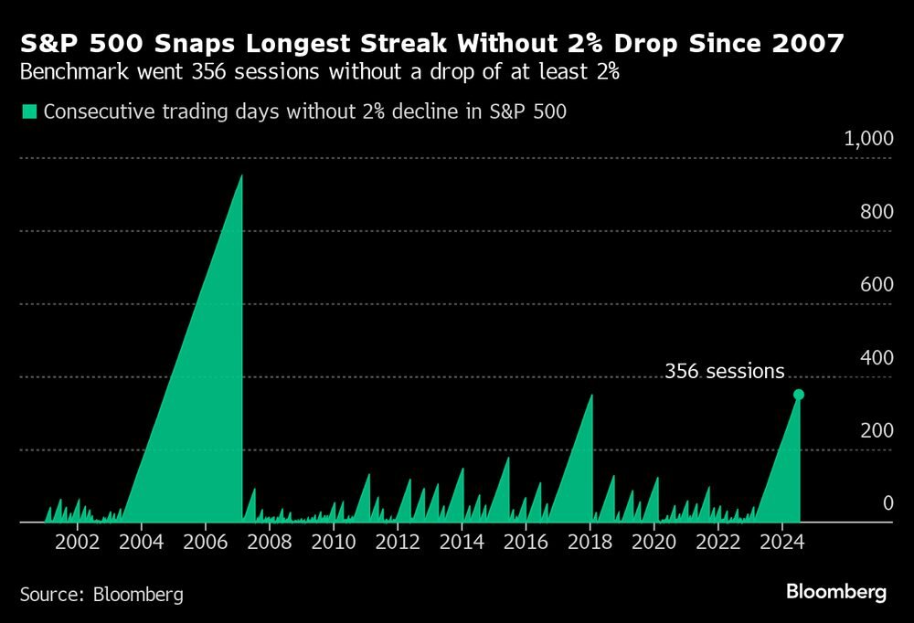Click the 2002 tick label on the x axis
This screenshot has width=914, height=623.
[x=78, y=541]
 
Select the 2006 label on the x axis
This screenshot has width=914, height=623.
[x=206, y=541]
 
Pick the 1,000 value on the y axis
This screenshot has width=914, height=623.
[x=867, y=139]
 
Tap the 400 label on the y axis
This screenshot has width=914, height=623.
[x=877, y=357]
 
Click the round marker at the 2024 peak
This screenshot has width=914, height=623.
[x=799, y=395]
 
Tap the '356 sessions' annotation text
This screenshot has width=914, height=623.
[x=724, y=371]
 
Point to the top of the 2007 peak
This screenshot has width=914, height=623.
[x=241, y=175]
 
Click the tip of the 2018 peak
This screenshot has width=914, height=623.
[x=592, y=395]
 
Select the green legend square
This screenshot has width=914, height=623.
[x=28, y=111]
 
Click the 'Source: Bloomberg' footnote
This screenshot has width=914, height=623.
[x=101, y=595]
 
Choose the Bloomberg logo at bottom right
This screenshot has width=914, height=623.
[x=836, y=593]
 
